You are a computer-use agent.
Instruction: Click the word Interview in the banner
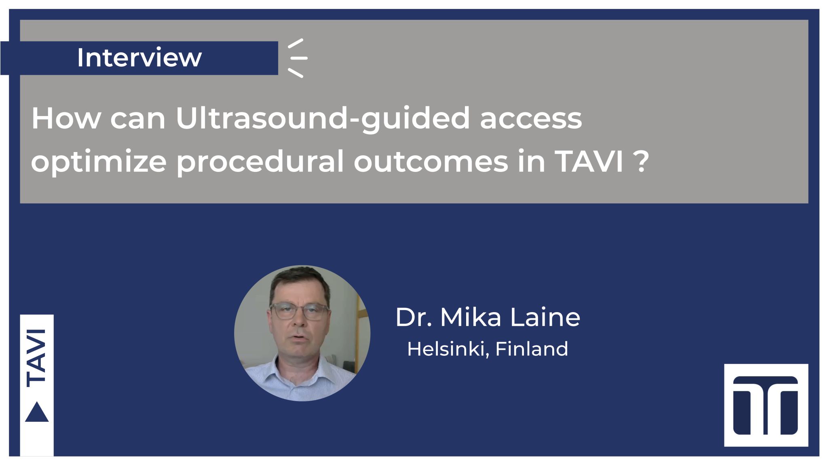pyautogui.click(x=139, y=57)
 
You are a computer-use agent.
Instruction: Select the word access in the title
pyautogui.click(x=531, y=120)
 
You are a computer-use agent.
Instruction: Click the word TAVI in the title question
pyautogui.click(x=589, y=162)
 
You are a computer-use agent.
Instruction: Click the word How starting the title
pyautogui.click(x=66, y=119)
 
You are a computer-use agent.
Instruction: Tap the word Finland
pyautogui.click(x=532, y=349)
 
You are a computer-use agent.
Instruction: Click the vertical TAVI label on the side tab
pyautogui.click(x=36, y=358)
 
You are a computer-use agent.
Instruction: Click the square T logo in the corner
pyautogui.click(x=766, y=405)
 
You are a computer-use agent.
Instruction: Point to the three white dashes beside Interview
pyautogui.click(x=298, y=58)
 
